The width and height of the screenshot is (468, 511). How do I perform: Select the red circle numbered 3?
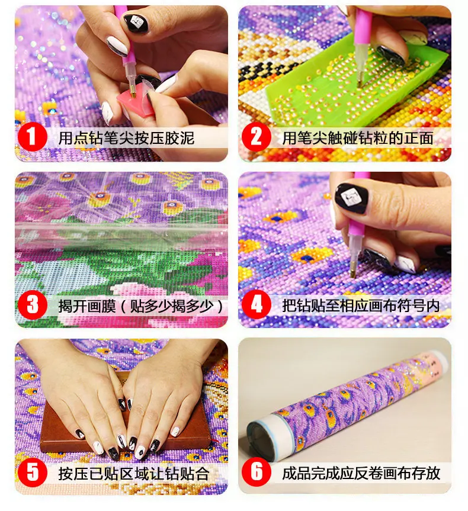(33, 306)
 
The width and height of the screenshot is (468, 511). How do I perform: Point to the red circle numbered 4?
(257, 306)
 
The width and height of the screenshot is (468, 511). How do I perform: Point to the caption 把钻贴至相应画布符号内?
(361, 306)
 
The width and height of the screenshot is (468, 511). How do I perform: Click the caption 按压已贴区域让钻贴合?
(134, 473)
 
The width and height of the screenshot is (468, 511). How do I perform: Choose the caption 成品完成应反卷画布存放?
(361, 473)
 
